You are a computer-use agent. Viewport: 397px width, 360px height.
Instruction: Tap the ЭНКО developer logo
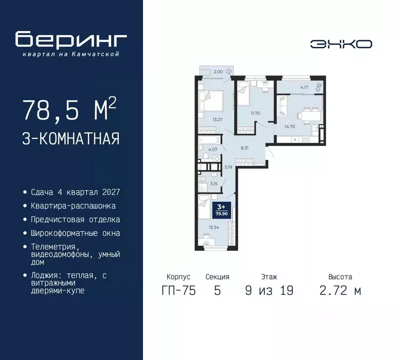[341, 44]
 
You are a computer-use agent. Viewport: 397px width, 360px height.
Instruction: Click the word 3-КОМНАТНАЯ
[70, 139]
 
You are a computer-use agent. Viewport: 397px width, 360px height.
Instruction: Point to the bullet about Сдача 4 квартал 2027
[75, 192]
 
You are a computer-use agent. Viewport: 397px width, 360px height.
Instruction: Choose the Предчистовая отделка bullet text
[75, 219]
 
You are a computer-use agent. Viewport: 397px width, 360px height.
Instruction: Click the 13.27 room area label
[217, 119]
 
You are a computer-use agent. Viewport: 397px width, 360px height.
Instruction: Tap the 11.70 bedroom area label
[255, 113]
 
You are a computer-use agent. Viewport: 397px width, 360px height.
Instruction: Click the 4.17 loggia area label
[305, 87]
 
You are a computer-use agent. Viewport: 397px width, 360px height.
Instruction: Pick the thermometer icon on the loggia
[319, 86]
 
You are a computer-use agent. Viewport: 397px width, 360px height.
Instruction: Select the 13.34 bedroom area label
[214, 227]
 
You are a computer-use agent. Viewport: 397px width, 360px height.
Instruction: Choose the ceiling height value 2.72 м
[340, 291]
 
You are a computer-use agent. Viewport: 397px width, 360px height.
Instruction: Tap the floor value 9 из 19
[269, 291]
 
